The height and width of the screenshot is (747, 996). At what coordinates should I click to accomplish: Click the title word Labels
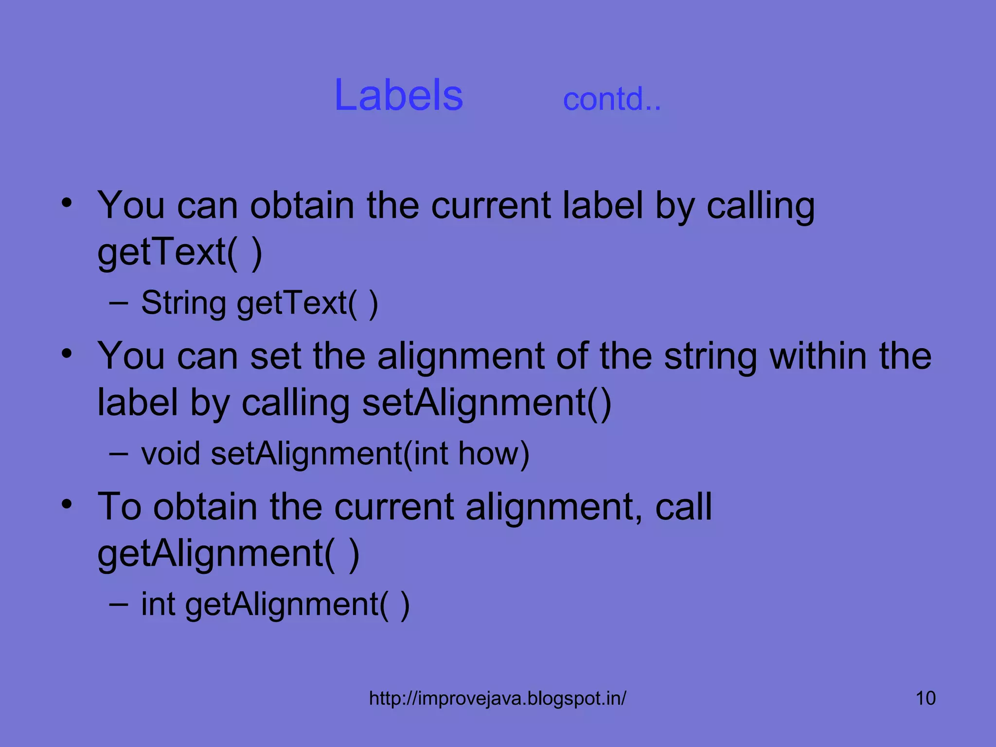coord(398,95)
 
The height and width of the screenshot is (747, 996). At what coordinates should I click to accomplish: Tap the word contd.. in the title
coord(611,99)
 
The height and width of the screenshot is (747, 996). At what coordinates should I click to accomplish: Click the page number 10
coord(925,698)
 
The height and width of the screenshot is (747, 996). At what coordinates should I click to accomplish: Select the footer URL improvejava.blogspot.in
coord(498,698)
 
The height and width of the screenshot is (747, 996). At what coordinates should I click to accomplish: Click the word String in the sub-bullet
coord(183,303)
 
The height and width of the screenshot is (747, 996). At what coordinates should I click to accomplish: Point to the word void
coord(170,453)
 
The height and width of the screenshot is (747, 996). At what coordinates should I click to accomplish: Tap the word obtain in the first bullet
coord(302,205)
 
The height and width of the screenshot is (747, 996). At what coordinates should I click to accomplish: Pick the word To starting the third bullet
coord(119,507)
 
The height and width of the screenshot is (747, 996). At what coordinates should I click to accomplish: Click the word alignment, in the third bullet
coord(554,507)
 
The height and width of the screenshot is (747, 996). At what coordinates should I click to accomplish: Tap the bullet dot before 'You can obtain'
coord(67,203)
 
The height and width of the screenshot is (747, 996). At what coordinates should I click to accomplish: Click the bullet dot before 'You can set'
coord(67,354)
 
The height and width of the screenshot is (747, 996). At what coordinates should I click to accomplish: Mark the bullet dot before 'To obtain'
coord(67,504)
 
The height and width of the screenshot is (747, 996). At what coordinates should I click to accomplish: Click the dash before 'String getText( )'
coord(119,303)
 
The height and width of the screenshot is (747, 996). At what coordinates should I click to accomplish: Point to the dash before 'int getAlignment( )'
coord(119,605)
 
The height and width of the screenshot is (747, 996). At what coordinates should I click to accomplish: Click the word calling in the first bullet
coord(760,206)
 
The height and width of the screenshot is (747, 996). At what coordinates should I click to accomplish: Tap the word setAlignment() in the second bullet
coord(486,403)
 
